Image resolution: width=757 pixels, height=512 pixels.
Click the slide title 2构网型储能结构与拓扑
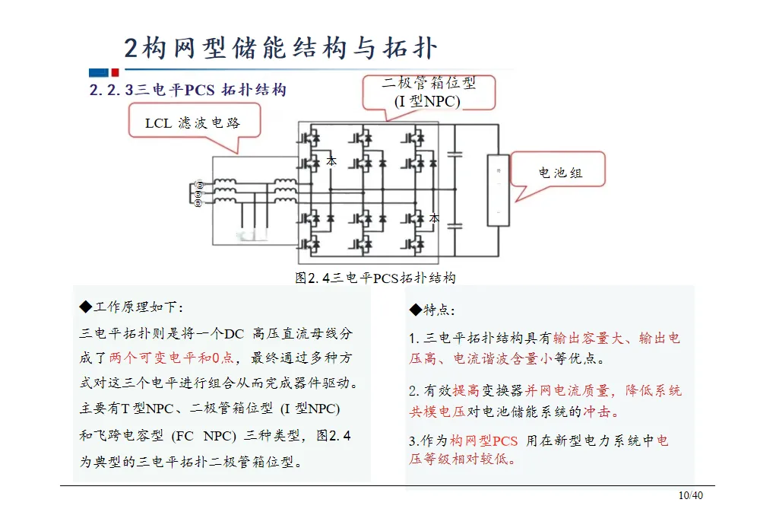tap(281, 47)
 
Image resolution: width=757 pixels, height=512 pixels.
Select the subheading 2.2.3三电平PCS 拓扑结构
tap(188, 90)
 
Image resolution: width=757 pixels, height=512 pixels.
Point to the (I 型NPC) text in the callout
tap(427, 100)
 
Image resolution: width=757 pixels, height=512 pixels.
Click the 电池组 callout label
tap(560, 173)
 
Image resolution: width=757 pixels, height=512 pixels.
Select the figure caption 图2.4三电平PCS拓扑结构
tap(375, 278)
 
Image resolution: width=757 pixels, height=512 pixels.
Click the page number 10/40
tap(691, 496)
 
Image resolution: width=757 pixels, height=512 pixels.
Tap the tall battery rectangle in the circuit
tap(498, 190)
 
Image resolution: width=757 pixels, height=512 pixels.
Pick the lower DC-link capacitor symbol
tap(455, 225)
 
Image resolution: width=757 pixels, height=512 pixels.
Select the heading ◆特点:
tap(432, 310)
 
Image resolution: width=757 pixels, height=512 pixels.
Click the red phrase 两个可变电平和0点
tap(172, 357)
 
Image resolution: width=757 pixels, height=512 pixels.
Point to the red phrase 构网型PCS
tap(483, 440)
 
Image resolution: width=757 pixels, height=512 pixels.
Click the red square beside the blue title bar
tap(115, 73)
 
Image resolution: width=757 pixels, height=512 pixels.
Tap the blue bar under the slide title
tap(99, 73)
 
